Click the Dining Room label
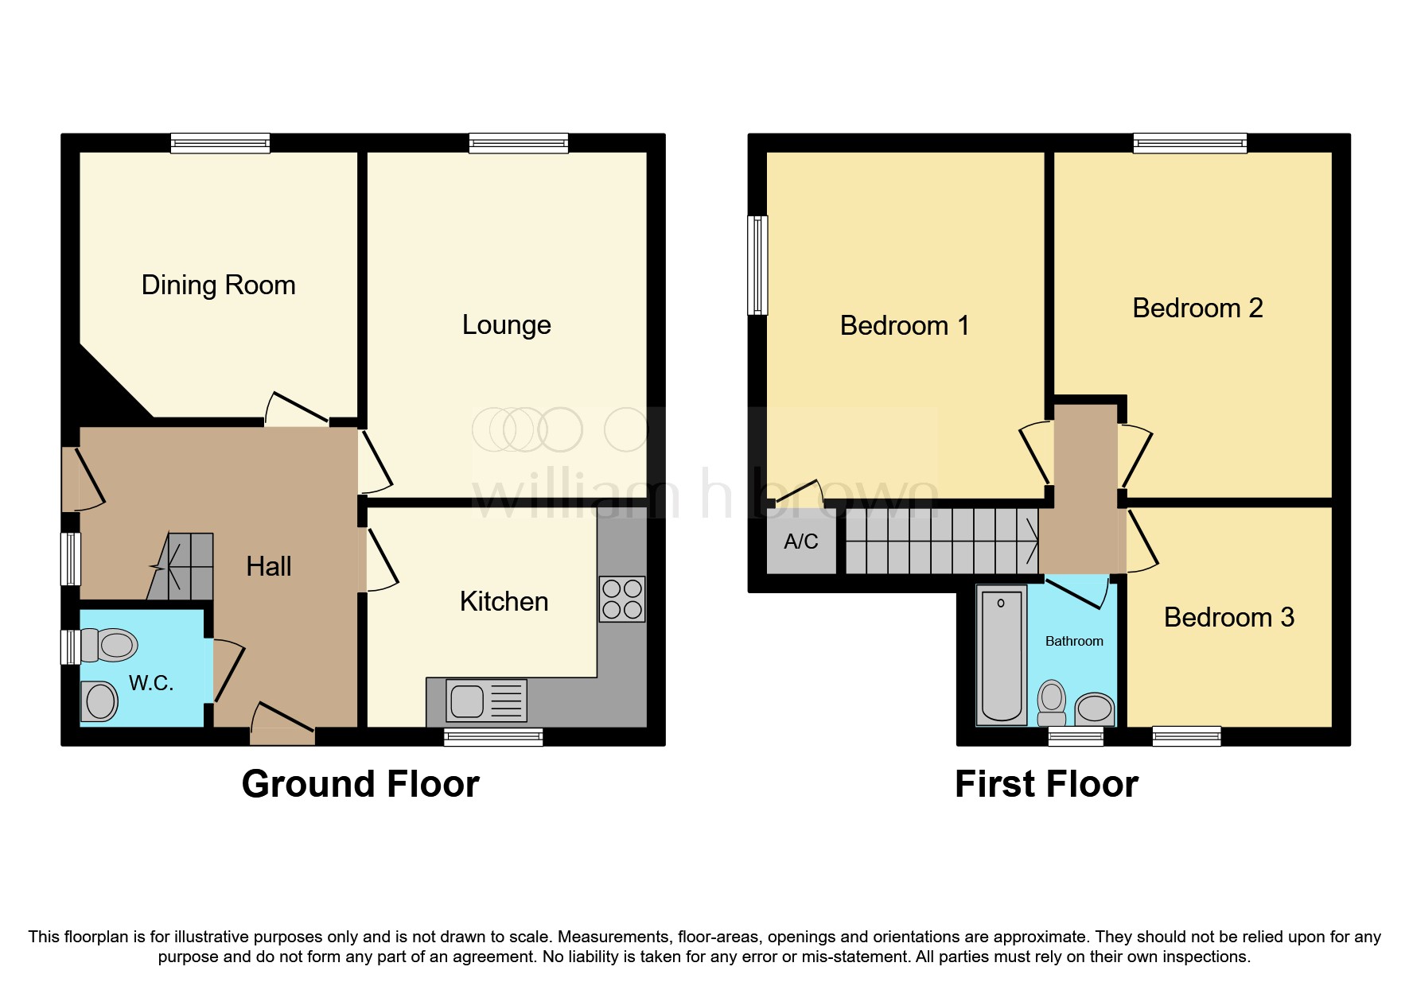(218, 285)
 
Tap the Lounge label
(506, 324)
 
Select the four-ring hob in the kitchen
(622, 599)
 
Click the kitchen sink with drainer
(486, 701)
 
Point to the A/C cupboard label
(800, 542)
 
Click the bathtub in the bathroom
(1001, 655)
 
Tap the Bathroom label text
(1073, 641)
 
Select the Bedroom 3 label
(1228, 617)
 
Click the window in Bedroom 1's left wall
(758, 265)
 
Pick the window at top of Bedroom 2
(1189, 143)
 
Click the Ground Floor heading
(360, 784)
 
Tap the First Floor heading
(1046, 784)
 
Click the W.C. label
(151, 682)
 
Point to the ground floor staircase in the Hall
(182, 566)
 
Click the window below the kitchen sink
(493, 737)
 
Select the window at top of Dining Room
(220, 143)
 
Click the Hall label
(268, 566)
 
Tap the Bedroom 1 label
(904, 325)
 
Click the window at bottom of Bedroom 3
(1186, 736)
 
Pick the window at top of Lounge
(519, 143)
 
